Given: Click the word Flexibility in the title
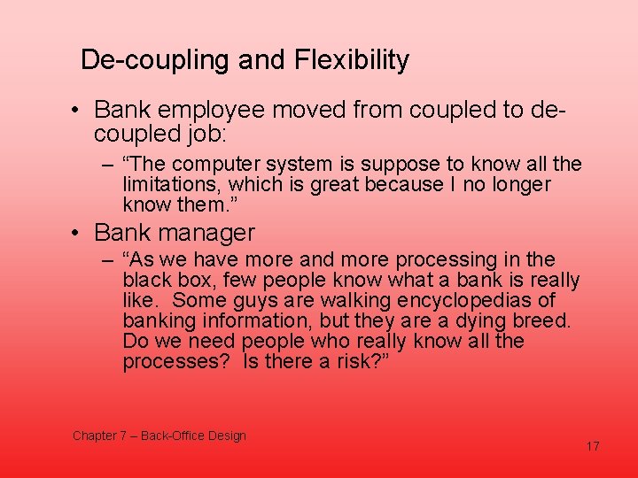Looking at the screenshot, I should [358, 60].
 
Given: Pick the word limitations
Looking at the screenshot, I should [173, 184].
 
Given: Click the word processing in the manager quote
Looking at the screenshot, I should [447, 260].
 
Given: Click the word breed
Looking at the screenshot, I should [550, 321].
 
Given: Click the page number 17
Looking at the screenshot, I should [593, 446].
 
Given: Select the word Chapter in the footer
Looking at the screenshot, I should [94, 436].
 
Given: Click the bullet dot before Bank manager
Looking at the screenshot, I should [78, 234].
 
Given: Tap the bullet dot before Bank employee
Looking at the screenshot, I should [78, 111].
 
